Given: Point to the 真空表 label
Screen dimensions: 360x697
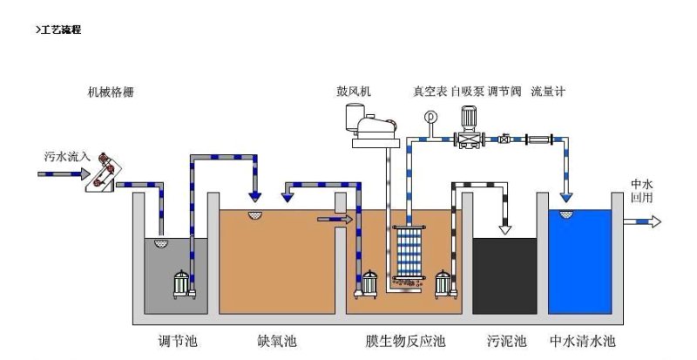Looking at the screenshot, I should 429,92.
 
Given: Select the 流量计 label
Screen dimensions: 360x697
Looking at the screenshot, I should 548,92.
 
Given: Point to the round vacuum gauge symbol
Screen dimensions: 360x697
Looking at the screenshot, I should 430,117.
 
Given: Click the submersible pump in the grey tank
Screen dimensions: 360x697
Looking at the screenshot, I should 182,282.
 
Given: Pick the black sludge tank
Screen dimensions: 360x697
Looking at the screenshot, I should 504,275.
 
